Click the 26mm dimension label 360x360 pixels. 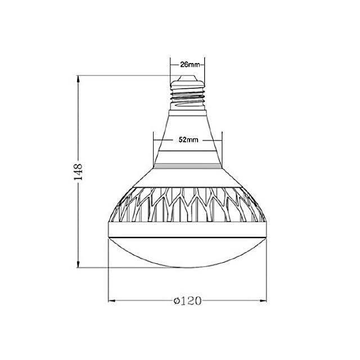point(190,65)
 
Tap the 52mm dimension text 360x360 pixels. point(188,139)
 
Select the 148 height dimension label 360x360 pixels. point(78,172)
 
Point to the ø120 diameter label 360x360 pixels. point(187,300)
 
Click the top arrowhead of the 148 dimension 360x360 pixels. point(78,80)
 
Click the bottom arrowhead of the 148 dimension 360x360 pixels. point(78,263)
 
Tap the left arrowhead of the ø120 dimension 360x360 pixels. point(112,300)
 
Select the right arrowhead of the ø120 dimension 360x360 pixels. point(263,300)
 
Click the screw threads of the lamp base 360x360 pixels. point(187,96)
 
